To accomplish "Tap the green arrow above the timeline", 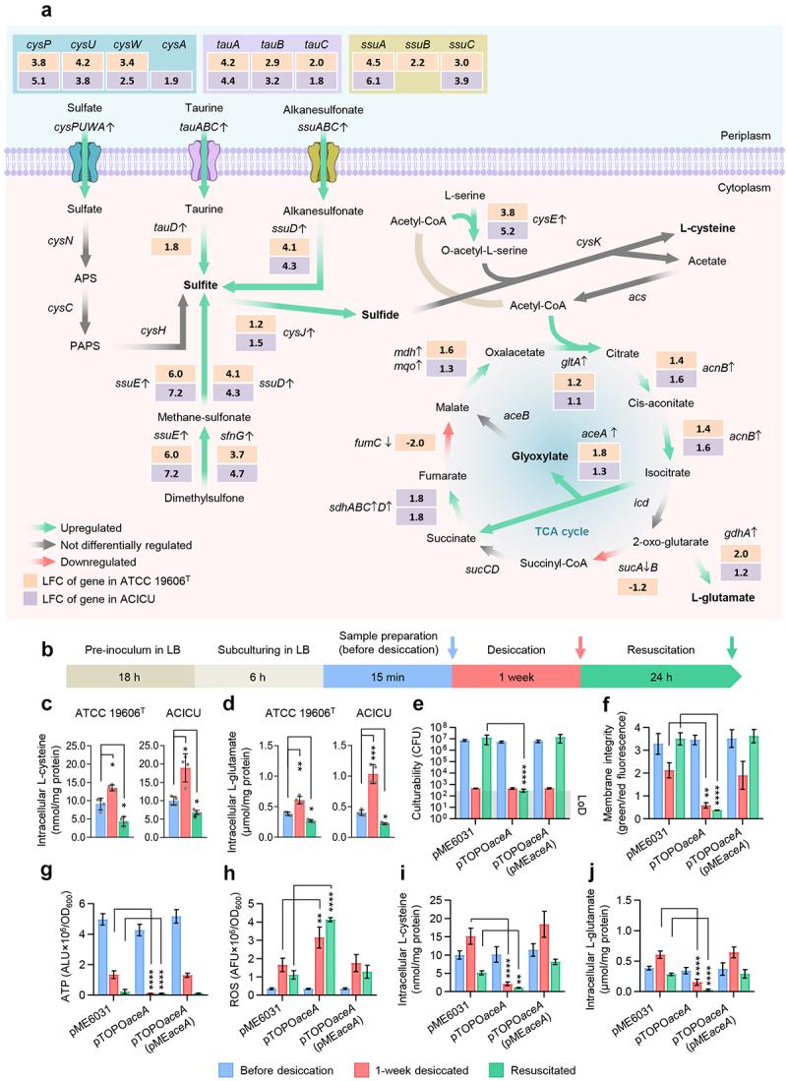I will click(x=732, y=644).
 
